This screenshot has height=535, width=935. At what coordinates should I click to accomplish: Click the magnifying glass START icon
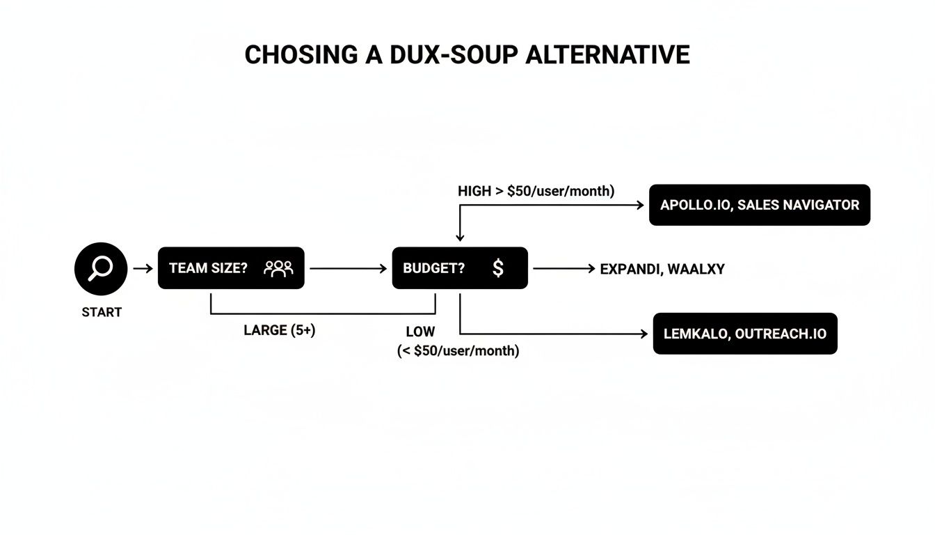click(x=101, y=268)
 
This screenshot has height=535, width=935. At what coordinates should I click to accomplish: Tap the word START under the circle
click(x=102, y=312)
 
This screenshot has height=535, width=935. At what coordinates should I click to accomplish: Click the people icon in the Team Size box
click(x=278, y=268)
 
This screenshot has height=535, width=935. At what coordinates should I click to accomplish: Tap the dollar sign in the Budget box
click(x=497, y=268)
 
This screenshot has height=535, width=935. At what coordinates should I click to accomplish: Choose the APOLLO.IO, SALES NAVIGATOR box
click(x=759, y=205)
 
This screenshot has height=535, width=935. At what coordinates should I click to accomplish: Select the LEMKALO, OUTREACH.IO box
click(x=744, y=334)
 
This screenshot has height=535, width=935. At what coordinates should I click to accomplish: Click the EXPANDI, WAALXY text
click(x=662, y=269)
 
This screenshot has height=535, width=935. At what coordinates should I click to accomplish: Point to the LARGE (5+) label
click(x=279, y=331)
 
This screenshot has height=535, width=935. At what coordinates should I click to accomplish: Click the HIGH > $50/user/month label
click(x=536, y=192)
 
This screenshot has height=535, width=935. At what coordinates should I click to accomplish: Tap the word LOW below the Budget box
click(x=420, y=332)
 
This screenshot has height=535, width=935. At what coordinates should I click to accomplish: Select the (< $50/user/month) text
click(x=458, y=351)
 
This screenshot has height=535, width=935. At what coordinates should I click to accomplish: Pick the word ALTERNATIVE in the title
click(x=607, y=55)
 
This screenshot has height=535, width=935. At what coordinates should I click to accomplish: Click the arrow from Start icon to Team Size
click(x=143, y=268)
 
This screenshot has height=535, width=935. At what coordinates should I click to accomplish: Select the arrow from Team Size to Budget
click(x=348, y=268)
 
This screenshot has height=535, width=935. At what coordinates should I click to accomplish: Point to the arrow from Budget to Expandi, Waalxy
click(x=564, y=268)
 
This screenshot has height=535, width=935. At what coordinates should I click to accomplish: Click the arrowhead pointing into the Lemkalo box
click(x=644, y=334)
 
